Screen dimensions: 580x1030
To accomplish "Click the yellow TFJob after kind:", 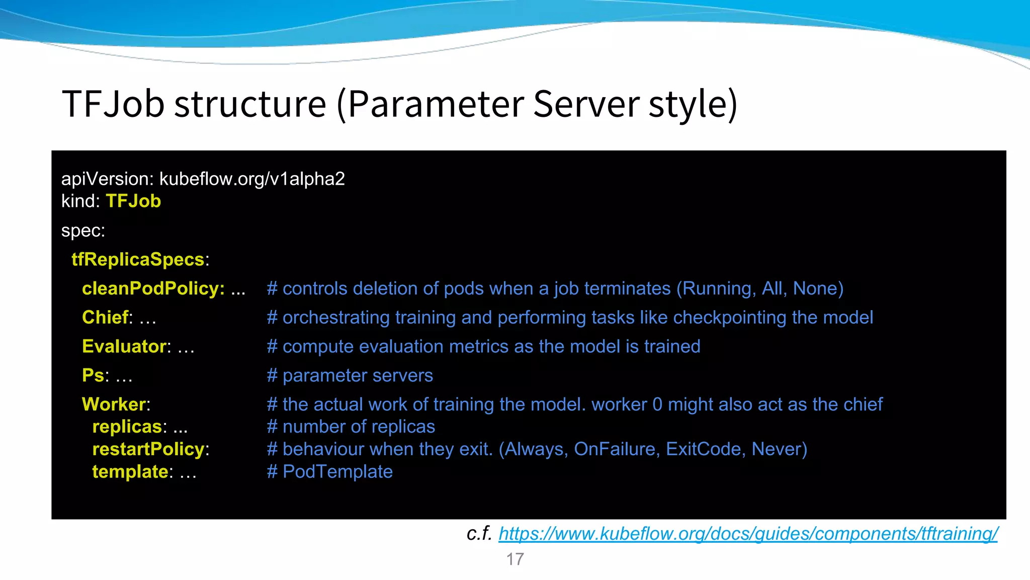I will coord(133,201).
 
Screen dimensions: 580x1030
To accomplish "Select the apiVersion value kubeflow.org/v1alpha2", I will coord(252,179).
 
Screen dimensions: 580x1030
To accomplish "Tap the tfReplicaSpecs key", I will coord(138,259).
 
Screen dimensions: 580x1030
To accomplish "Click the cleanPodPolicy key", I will coord(153,288).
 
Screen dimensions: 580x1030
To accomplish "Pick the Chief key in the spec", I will coord(105,318).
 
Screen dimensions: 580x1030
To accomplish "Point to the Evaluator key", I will coord(124,346).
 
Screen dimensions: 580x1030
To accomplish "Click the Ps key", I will coord(93,376).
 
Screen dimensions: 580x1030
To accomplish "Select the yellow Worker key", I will coord(114,404).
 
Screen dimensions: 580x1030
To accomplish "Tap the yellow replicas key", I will coord(127,427).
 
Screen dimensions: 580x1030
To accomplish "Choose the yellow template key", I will coord(130,472).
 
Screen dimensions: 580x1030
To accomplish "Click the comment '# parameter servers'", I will coord(350,376).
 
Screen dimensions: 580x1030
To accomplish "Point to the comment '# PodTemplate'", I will coord(330,472).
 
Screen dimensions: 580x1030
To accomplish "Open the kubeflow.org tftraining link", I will coord(748,534).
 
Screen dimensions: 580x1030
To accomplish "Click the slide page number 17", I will coord(515,559).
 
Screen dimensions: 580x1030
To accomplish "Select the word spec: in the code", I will coord(83,231).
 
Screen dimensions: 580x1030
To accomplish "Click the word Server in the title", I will coord(585,104).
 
